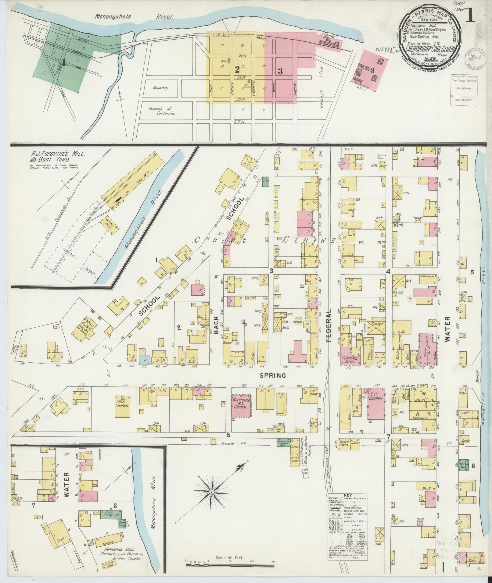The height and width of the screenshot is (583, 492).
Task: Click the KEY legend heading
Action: coord(348,496)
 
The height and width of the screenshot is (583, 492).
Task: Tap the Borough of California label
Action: coord(162,111)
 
